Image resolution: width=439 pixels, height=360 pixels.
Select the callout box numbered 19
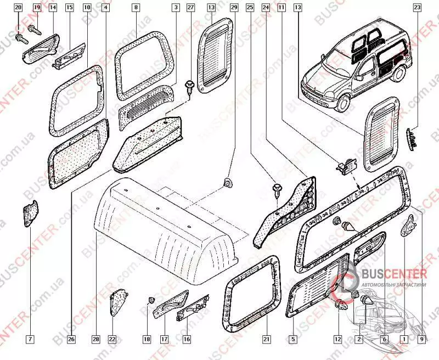coord(37,8)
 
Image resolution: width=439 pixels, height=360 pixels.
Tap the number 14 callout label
coord(53,8)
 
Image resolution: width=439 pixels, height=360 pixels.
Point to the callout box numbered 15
coord(70,8)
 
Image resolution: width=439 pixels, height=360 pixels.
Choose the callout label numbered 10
coord(87,8)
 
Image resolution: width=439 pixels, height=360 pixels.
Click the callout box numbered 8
coord(136,8)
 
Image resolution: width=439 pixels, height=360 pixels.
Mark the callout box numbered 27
coord(190,8)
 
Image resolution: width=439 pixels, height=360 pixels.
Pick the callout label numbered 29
coord(234,8)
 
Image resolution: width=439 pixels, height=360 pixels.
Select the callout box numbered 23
coord(418,8)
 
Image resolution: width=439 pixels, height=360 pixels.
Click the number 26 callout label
coord(71,340)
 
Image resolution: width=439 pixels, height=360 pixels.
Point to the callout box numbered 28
coord(96,340)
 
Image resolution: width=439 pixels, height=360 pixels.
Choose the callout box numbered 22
coord(112,340)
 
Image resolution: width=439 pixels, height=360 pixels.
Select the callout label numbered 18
coord(147,340)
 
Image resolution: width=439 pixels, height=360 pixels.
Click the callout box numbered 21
coord(267,340)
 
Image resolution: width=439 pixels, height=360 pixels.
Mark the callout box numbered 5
coord(294,340)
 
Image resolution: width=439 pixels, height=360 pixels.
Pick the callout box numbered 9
coord(422,340)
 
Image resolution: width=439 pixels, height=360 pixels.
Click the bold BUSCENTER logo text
coord(392,275)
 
